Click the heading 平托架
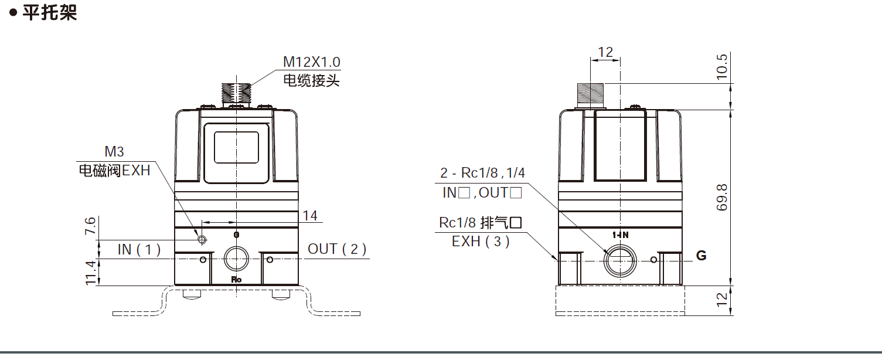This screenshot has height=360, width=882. [50, 13]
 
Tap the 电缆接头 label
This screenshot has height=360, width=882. [311, 80]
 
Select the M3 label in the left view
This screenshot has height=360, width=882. [114, 152]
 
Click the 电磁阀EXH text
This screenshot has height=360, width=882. [114, 171]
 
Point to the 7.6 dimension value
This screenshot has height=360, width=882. [90, 226]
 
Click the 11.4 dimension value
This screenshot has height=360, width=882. [90, 272]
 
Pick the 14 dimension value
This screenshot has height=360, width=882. [310, 216]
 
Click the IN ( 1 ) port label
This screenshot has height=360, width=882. [139, 249]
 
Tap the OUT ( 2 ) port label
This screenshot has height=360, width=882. [337, 249]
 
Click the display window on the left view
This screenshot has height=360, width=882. [236, 147]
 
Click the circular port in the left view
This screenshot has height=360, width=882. [236, 259]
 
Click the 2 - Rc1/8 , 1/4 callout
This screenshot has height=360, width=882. [482, 173]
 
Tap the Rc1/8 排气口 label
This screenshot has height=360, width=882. [480, 223]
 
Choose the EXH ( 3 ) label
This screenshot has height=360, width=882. [481, 241]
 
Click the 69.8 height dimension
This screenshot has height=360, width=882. [722, 197]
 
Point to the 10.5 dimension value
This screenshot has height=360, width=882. [722, 66]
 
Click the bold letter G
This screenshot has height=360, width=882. [701, 256]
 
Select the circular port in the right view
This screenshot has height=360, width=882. [620, 259]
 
